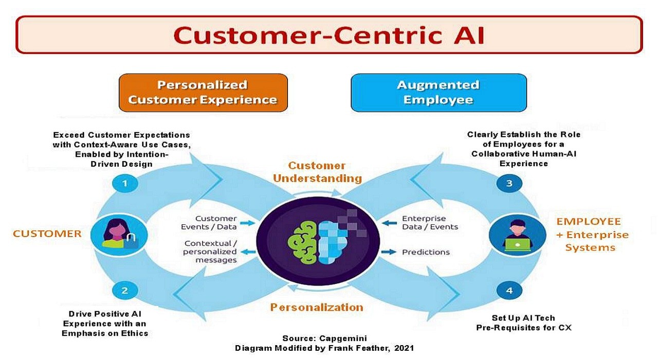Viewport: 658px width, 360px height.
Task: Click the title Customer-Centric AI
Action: (329, 35)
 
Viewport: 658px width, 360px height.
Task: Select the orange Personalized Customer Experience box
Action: (203, 93)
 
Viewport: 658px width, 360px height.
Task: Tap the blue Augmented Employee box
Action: (438, 93)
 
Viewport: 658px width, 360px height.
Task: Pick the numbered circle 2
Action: (124, 291)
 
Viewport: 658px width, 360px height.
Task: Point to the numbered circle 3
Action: (509, 184)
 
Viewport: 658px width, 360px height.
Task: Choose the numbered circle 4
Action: (509, 291)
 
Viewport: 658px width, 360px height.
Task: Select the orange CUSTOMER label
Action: (47, 234)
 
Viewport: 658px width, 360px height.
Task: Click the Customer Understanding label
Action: (317, 172)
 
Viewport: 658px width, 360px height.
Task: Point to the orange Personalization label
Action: (317, 308)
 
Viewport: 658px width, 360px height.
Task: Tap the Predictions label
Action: (426, 253)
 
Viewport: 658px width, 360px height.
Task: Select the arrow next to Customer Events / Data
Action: (247, 223)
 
